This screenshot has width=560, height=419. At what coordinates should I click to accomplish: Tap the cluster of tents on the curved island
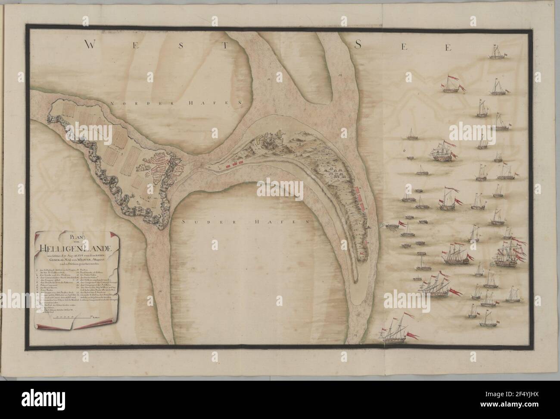click(328, 170)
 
